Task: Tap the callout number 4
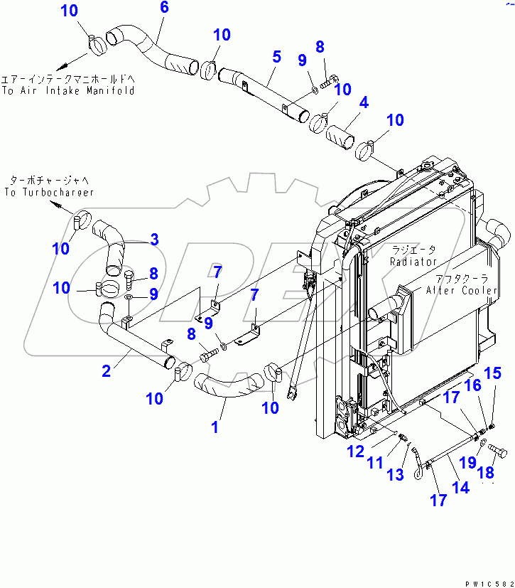363,102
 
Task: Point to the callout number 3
154,240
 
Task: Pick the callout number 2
106,370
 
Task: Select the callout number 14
461,487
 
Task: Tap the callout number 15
493,373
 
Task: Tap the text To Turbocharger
48,193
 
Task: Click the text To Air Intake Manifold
67,91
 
